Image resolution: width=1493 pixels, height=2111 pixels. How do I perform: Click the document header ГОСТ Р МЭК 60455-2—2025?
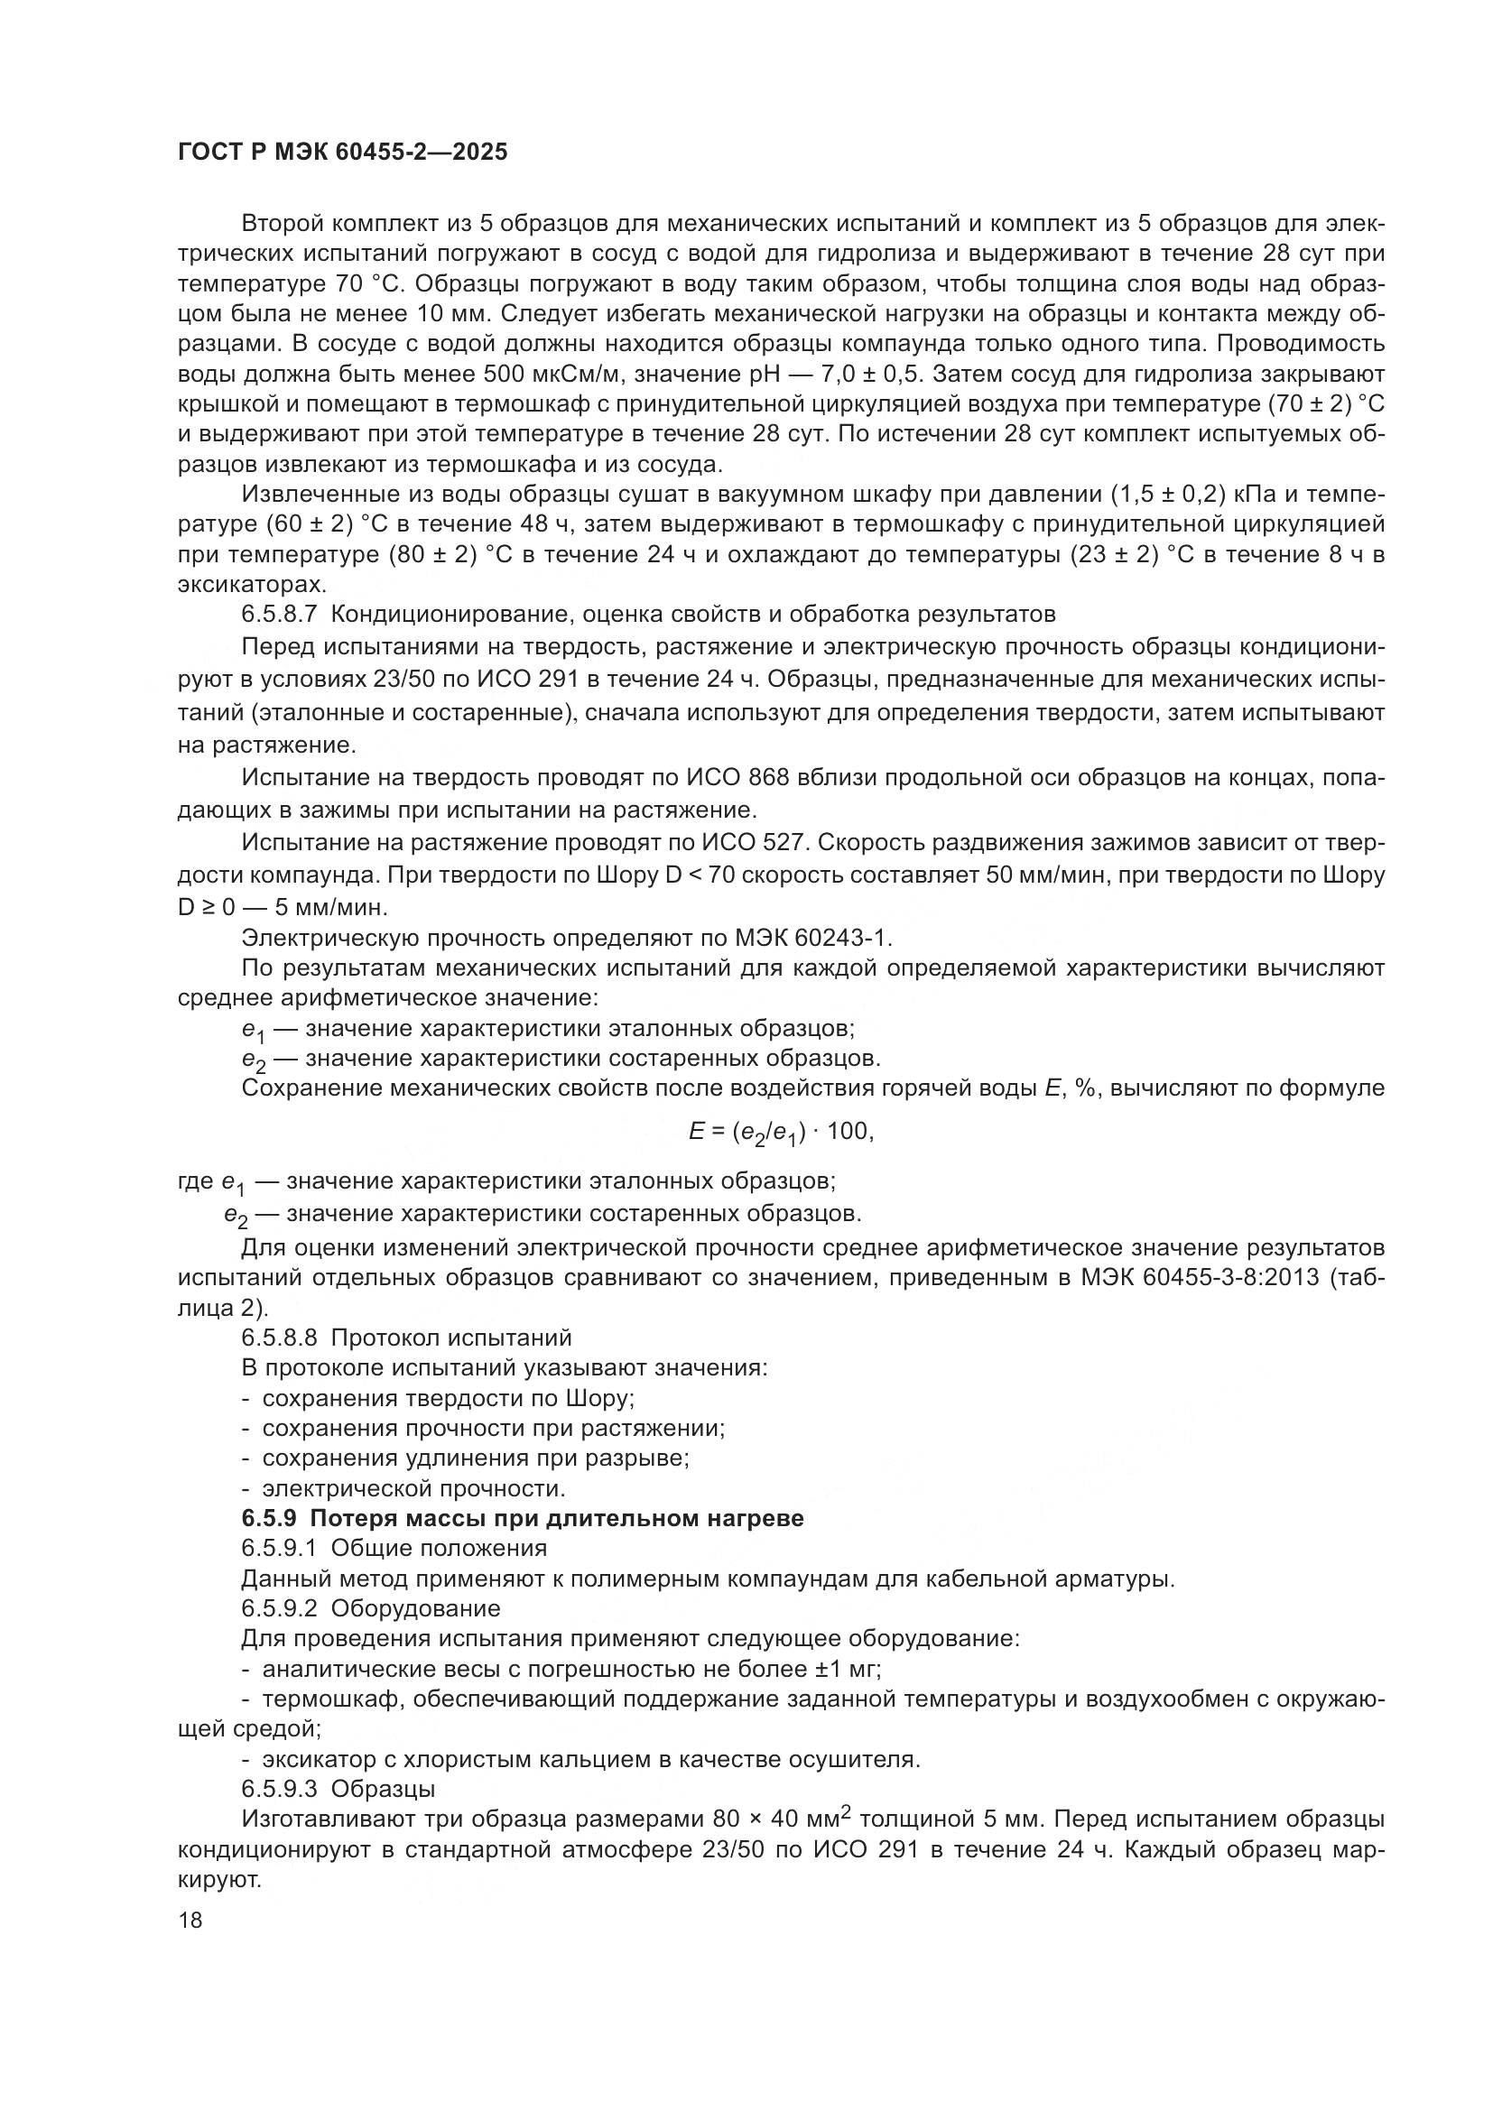coord(342,153)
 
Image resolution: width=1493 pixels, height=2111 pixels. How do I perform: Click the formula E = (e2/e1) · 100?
coord(781,1133)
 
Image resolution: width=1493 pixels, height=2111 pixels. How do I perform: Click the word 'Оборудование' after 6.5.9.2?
coord(415,1609)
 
